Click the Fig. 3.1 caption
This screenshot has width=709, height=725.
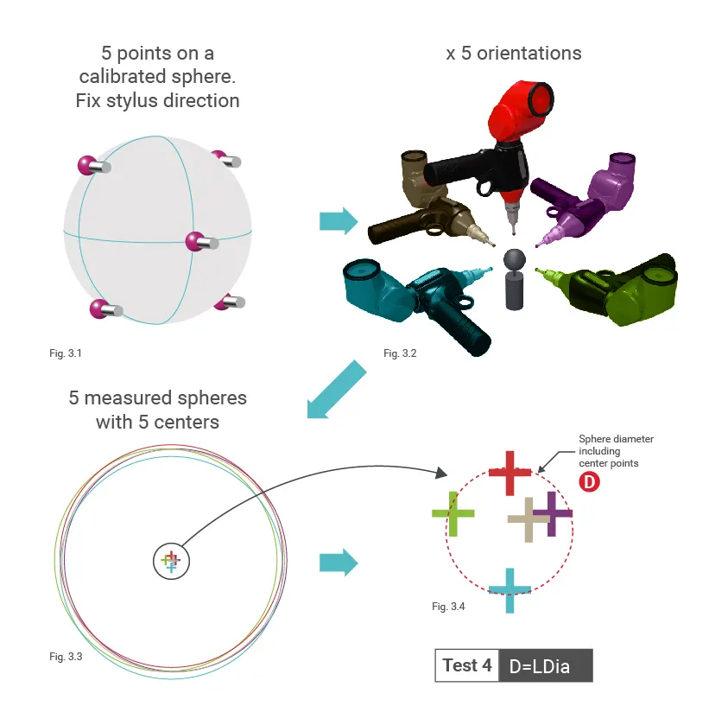click(66, 353)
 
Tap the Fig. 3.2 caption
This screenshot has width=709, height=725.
click(400, 353)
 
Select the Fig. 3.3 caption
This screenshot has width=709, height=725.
click(66, 657)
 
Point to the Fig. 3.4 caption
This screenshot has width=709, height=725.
click(448, 606)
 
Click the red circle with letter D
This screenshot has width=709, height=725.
click(589, 482)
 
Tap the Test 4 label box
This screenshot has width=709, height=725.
click(467, 665)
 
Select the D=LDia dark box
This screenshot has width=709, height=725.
click(546, 665)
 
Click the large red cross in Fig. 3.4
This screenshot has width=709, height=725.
click(510, 473)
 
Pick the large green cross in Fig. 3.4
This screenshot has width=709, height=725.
click(453, 513)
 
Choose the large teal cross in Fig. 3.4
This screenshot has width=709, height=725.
click(510, 590)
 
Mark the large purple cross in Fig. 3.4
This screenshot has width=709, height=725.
click(551, 513)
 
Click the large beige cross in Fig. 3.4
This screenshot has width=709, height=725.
click(529, 519)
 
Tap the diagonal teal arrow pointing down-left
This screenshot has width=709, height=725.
click(337, 390)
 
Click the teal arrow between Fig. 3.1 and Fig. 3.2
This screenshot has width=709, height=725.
click(339, 221)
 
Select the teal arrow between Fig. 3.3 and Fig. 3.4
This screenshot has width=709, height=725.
click(339, 563)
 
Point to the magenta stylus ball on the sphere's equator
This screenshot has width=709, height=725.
click(194, 241)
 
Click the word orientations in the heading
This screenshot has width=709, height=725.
click(529, 54)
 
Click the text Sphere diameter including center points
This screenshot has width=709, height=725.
click(616, 451)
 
